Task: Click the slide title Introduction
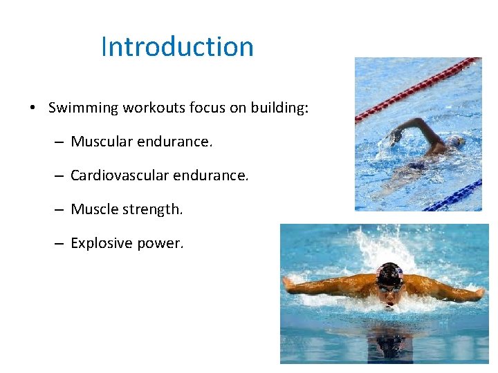pyautogui.click(x=177, y=47)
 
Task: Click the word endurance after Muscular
pyautogui.click(x=178, y=142)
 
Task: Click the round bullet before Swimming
pyautogui.click(x=33, y=108)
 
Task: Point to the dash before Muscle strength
pyautogui.click(x=58, y=209)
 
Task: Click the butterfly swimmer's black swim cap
pyautogui.click(x=389, y=274)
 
